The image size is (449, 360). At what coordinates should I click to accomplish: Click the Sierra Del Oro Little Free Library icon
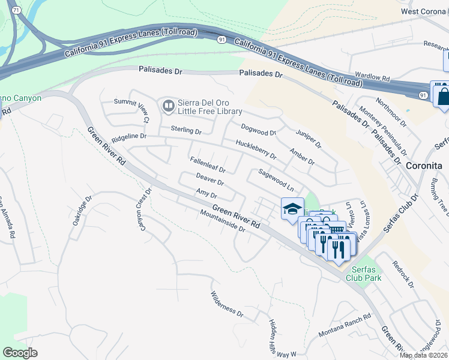coord(168,107)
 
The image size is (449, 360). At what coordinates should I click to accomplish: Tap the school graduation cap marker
coord(292,209)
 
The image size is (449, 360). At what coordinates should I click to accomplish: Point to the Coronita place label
coord(424,165)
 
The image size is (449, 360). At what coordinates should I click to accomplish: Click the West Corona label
coord(424,11)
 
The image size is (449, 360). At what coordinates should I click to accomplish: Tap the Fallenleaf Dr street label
coord(207,166)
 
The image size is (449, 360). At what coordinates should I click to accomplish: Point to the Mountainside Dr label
coord(223,221)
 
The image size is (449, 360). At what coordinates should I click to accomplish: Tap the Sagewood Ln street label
coord(276,179)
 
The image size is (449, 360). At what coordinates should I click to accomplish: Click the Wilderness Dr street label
coord(226,305)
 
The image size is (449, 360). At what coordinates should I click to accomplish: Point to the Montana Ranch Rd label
coord(345,325)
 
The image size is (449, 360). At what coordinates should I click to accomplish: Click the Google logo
coord(20,352)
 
